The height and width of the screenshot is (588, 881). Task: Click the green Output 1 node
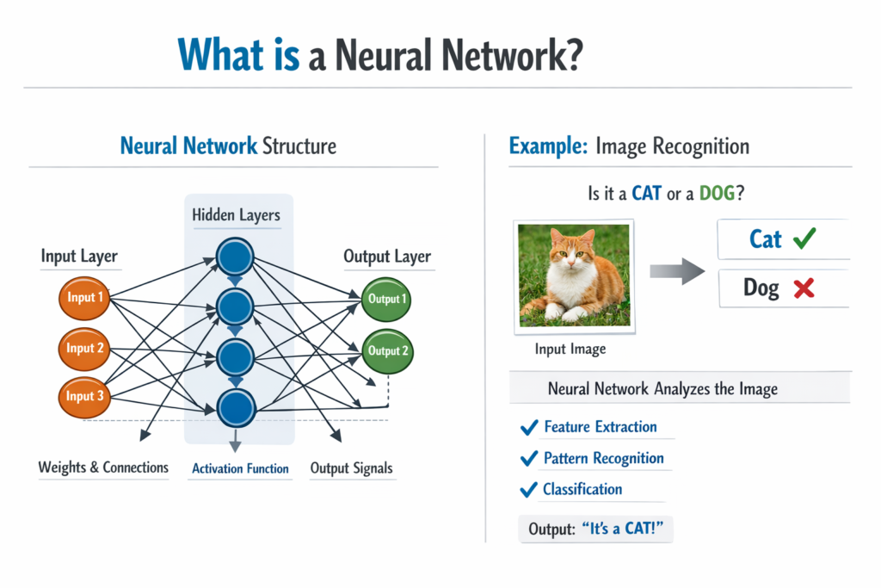(x=386, y=299)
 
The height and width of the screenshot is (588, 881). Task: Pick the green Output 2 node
(x=386, y=350)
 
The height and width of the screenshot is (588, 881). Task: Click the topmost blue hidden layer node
(x=235, y=256)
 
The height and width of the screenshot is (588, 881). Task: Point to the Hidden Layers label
(x=236, y=215)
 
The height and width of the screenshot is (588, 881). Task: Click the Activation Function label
(x=240, y=469)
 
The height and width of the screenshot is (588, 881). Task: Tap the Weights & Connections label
(x=103, y=467)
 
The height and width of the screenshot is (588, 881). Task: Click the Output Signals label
(x=351, y=468)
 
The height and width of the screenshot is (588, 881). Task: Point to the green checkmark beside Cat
(x=803, y=238)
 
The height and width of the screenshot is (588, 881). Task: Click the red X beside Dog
(x=804, y=288)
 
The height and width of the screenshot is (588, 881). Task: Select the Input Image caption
(x=570, y=349)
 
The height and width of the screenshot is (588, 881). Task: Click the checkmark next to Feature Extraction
(x=528, y=427)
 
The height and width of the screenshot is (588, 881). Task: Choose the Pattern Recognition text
(x=603, y=458)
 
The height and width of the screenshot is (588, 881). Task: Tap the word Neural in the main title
(x=385, y=55)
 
